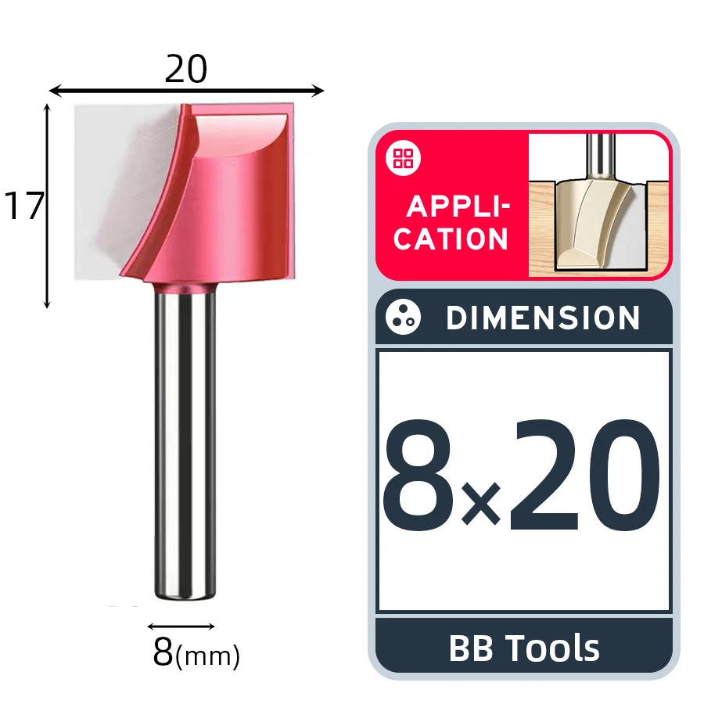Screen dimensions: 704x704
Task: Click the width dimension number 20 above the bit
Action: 186,69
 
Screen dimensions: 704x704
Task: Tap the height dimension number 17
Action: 23,206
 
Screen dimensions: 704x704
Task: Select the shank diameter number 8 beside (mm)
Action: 163,652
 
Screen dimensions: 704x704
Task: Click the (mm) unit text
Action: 207,656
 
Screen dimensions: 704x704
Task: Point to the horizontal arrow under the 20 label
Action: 186,91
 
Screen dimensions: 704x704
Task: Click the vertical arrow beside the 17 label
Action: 47,206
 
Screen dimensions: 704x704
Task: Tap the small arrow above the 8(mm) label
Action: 181,627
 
